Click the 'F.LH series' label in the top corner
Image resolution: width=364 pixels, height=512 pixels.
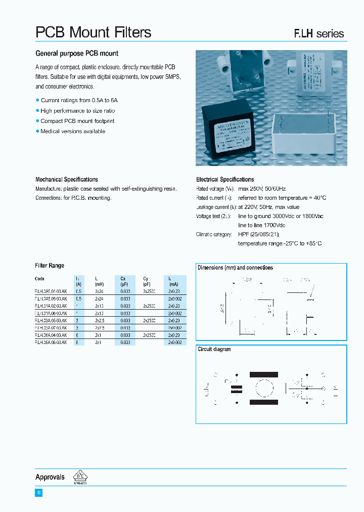click(319, 34)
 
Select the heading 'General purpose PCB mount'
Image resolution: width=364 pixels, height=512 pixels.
click(77, 54)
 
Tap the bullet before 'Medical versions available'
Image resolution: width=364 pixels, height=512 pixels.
click(37, 131)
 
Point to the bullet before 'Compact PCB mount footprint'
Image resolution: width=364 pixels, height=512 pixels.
click(37, 121)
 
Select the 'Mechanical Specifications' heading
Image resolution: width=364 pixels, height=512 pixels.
click(66, 180)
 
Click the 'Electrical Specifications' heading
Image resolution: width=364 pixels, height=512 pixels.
click(225, 180)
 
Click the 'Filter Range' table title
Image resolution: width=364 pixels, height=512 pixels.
click(50, 266)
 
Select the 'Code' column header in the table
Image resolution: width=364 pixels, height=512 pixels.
click(40, 279)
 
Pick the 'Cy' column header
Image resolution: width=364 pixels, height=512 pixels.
click(146, 279)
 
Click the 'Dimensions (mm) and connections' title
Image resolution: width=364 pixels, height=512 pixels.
click(235, 268)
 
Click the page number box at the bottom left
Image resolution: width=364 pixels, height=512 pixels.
click(38, 492)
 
